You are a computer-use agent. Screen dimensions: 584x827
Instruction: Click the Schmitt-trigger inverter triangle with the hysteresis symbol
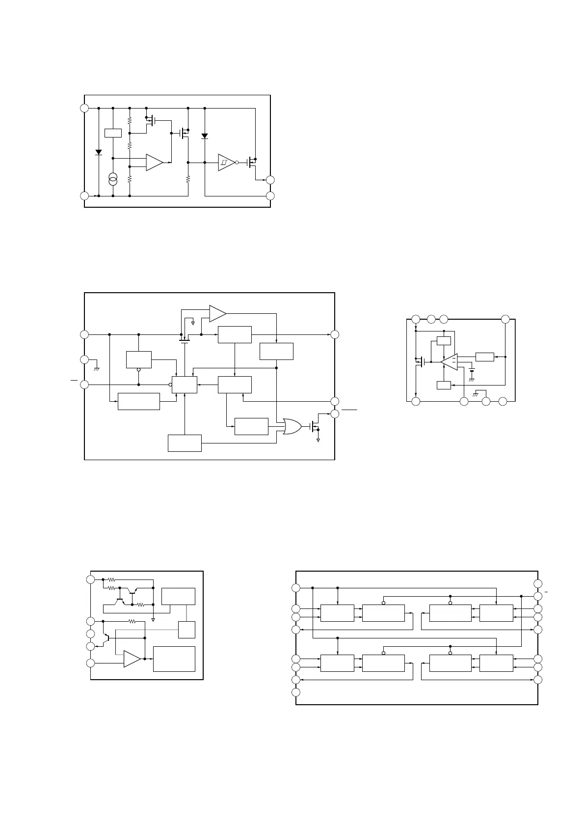tap(226, 163)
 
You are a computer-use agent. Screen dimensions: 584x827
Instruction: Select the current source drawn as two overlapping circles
tap(113, 179)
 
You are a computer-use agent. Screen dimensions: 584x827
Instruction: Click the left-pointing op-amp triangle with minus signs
tap(449, 361)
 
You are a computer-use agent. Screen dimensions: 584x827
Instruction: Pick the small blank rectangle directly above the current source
tap(113, 133)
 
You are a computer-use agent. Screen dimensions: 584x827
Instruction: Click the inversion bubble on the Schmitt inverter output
tap(237, 163)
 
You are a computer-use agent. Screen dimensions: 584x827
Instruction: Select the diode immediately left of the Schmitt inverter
tap(205, 136)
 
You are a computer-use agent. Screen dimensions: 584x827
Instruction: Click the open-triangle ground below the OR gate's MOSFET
tap(318, 440)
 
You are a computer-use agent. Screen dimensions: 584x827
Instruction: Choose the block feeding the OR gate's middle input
tap(251, 426)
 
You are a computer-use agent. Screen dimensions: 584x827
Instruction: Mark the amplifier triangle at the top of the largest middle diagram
tap(217, 313)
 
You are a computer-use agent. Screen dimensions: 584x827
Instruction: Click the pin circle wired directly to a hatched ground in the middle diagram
tap(84, 359)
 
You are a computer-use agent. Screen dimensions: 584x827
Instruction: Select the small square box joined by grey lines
tap(186, 630)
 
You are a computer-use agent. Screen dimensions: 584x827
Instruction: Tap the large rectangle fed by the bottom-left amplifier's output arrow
tap(174, 659)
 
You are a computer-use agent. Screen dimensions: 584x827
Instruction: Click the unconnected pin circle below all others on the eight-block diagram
tap(295, 692)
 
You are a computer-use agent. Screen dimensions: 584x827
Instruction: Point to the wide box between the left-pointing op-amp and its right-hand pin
tap(484, 357)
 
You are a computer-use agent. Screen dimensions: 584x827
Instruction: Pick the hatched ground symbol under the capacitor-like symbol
tap(472, 380)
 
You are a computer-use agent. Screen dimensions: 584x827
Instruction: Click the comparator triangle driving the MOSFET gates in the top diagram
tap(154, 163)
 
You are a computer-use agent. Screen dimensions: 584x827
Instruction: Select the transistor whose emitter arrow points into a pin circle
tap(106, 640)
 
